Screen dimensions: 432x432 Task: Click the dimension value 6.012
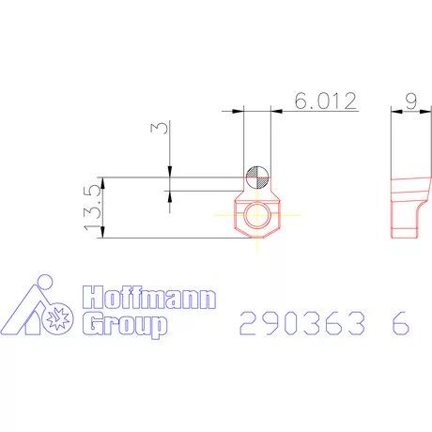(326, 100)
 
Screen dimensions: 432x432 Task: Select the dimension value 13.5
(93, 208)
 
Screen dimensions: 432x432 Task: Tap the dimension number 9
(411, 100)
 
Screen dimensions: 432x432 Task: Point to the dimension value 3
(159, 128)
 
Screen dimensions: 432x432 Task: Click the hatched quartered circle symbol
(257, 177)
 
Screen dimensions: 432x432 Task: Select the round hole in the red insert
(257, 215)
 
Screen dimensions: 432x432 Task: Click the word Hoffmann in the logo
(149, 297)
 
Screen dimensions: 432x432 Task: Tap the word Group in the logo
(125, 325)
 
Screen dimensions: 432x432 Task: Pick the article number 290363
(302, 323)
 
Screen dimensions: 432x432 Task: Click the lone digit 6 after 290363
(400, 323)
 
